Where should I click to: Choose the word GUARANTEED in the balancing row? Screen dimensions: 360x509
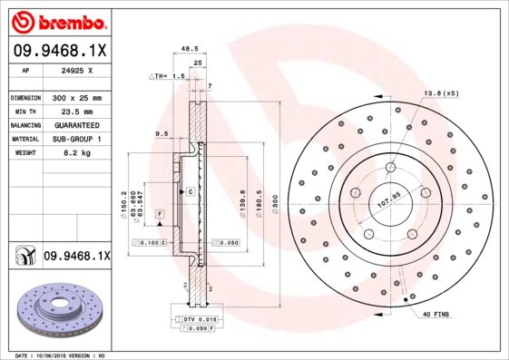[75, 124]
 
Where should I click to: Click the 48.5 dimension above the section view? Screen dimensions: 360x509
[190, 50]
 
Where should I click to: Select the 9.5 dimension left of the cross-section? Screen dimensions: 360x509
[162, 134]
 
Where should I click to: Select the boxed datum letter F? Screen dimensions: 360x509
[160, 213]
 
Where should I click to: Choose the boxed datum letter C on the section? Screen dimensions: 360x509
[191, 192]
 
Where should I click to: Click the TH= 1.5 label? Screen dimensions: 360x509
[167, 78]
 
